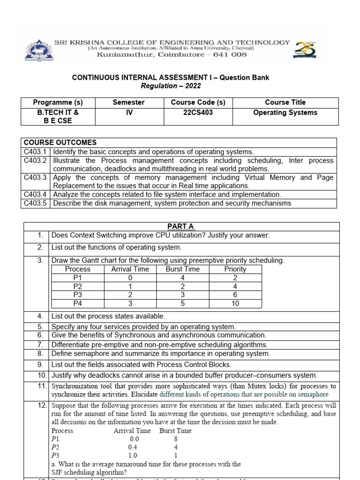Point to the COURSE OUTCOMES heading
60,142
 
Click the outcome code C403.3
36,178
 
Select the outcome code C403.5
36,203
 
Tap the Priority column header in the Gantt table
235,269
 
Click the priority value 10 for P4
235,303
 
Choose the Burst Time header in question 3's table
182,269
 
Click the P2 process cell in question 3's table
77,286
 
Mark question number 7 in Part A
40,345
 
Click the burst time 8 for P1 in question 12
175,439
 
